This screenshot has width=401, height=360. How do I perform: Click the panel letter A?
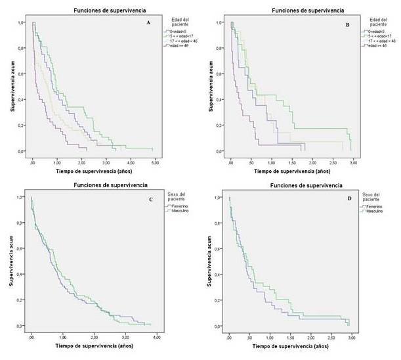(149, 23)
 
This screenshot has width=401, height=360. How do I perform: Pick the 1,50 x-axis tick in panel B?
(291, 161)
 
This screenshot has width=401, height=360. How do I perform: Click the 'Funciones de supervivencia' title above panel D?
(289, 186)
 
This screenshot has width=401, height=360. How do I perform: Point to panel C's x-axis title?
(92, 345)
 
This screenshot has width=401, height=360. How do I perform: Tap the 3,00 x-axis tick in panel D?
(352, 336)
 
